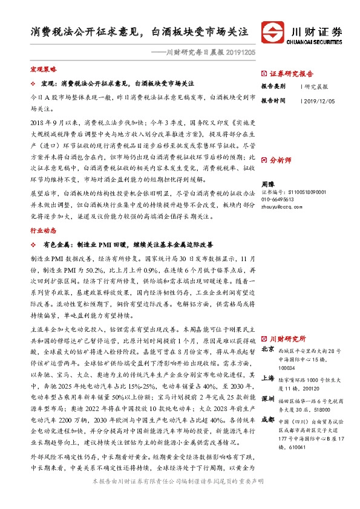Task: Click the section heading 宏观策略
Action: [43, 70]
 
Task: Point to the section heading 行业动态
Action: [43, 230]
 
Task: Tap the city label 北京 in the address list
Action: [267, 349]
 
